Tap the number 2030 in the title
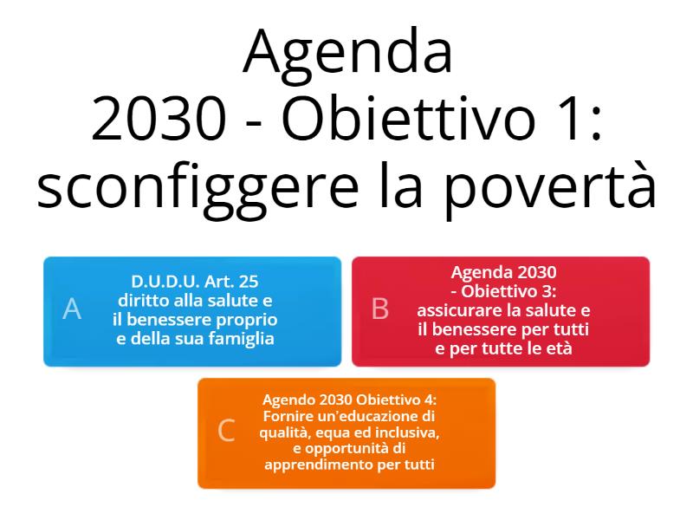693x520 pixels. (159, 120)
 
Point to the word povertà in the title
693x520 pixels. (550, 185)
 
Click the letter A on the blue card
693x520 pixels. (72, 309)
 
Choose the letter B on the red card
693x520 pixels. (380, 309)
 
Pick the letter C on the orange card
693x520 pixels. (226, 430)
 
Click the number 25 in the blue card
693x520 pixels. (248, 281)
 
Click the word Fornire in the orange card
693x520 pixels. (286, 416)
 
